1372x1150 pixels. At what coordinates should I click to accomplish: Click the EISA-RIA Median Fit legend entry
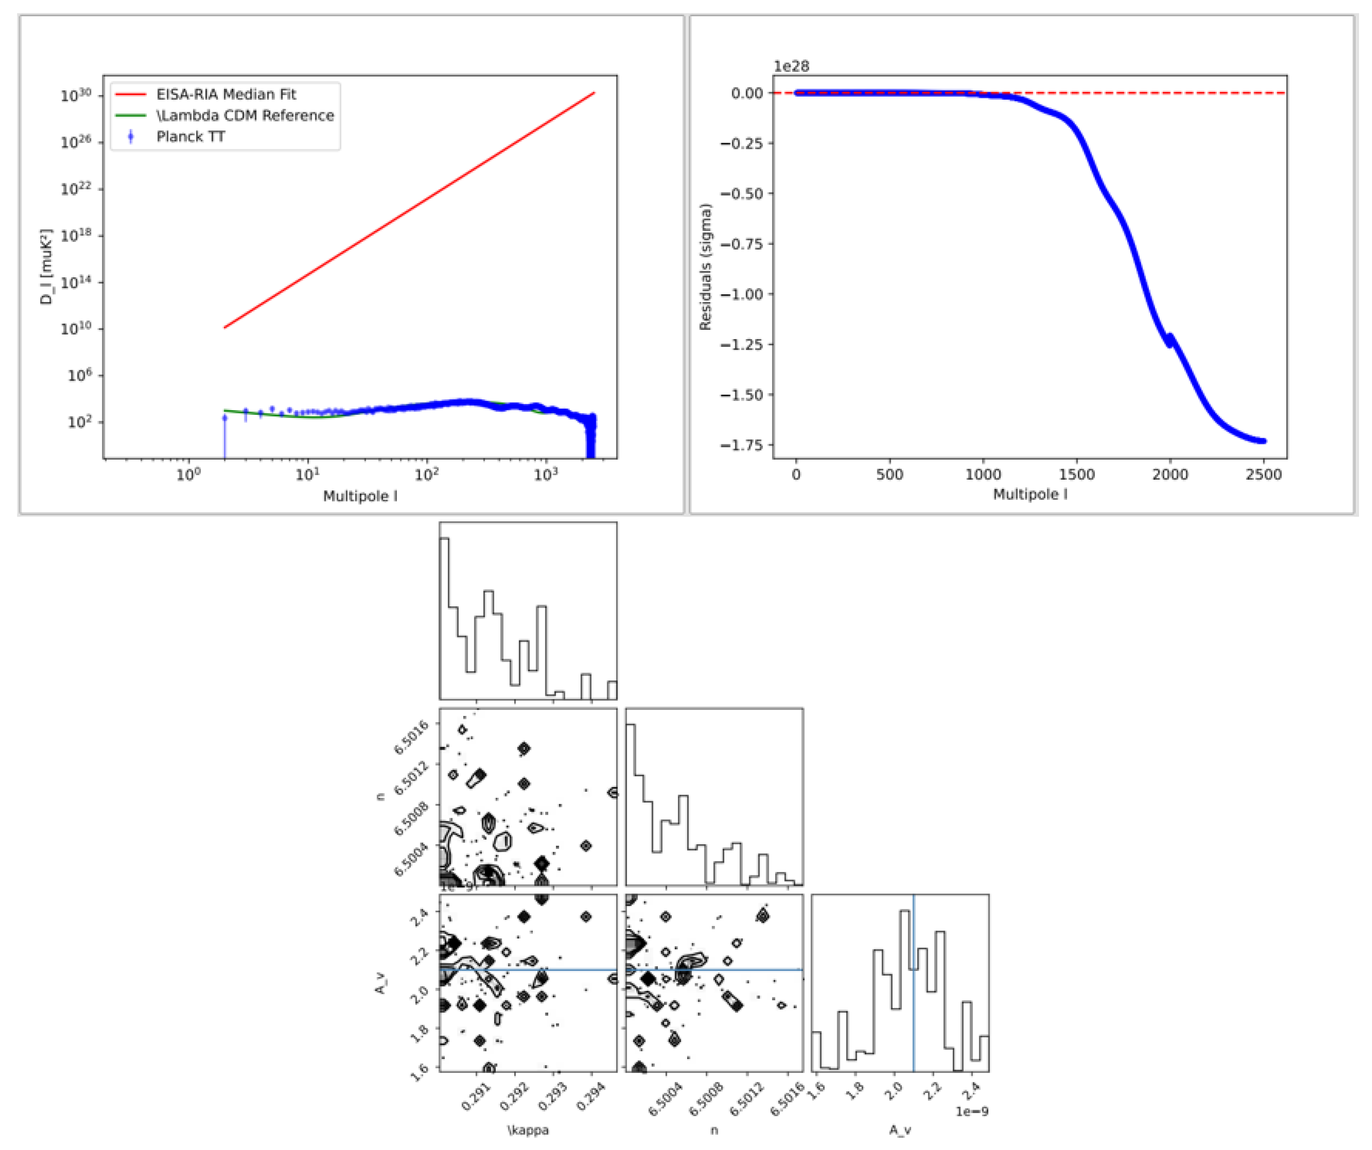click(225, 94)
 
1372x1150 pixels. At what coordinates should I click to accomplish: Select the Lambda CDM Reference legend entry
click(244, 116)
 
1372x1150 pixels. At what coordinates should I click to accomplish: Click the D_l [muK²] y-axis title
click(46, 266)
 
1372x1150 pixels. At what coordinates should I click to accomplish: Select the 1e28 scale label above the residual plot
click(791, 66)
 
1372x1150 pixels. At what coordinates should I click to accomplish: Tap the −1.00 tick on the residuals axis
click(741, 294)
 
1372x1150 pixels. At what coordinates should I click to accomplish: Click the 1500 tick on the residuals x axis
click(1076, 475)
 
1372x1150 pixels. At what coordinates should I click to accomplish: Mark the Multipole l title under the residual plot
click(1030, 494)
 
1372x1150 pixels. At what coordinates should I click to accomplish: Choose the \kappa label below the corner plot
click(528, 1130)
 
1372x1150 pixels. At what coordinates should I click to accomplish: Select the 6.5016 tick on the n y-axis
click(411, 737)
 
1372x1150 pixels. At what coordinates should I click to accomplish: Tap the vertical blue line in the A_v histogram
click(913, 981)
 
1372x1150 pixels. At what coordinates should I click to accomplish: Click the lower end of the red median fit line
click(225, 327)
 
